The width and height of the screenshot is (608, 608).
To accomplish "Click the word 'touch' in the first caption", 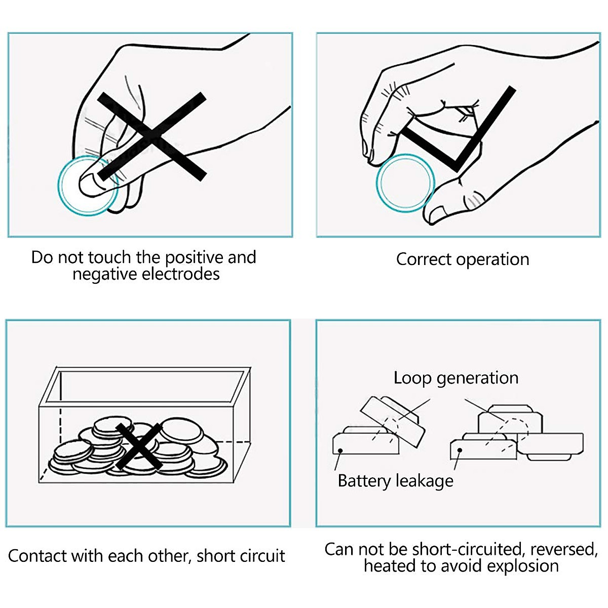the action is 109,257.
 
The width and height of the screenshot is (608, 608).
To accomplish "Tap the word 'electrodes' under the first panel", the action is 180,274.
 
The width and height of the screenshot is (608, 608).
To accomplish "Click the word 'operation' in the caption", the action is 492,260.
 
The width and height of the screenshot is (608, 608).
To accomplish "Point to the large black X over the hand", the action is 152,137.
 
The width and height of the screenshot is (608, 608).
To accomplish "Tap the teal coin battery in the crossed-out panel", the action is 89,185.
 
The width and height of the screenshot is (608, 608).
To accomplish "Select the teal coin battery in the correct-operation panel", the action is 406,183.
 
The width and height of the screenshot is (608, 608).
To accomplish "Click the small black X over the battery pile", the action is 139,446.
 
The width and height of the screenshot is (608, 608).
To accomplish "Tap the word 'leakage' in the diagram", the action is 425,481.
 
